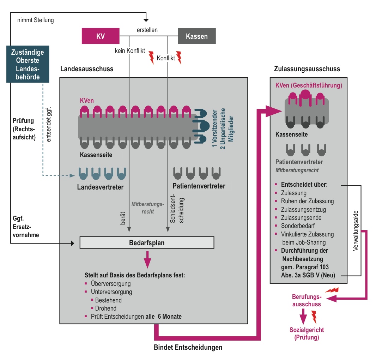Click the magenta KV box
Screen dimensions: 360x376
tap(101, 36)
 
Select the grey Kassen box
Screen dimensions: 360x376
tap(197, 36)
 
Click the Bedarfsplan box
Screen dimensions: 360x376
tap(147, 243)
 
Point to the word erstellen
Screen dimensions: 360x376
tap(147, 30)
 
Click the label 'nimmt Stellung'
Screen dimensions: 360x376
tap(35, 20)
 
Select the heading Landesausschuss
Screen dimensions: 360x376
tap(87, 69)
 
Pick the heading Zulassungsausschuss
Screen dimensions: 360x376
tap(307, 69)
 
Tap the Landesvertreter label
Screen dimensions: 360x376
tap(101, 187)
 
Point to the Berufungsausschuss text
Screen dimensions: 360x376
tap(306, 300)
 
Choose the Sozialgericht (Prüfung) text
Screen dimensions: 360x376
tap(307, 334)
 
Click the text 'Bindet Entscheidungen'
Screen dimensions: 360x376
tap(188, 347)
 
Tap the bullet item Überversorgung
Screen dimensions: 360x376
tap(111, 283)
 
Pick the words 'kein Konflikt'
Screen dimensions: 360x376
tap(130, 51)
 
